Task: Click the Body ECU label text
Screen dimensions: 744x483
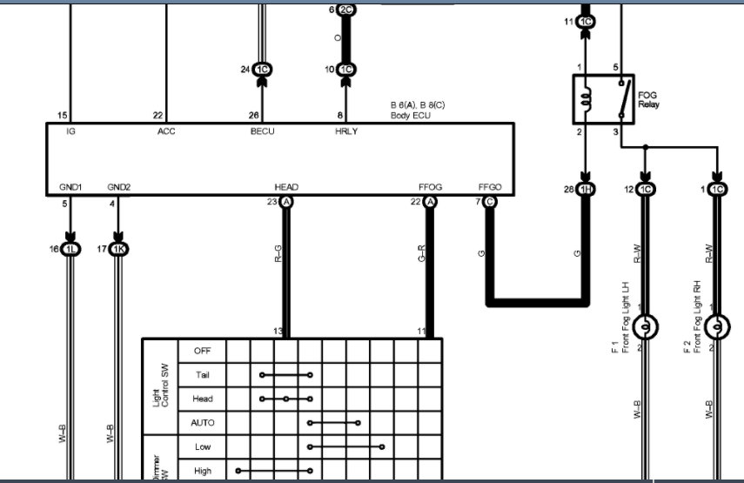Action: (411, 115)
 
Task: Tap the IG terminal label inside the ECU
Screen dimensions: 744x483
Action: (70, 131)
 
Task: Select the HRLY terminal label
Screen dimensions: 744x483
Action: (346, 131)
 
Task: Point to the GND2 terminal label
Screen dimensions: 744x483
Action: (118, 187)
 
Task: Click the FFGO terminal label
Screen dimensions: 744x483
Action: (490, 187)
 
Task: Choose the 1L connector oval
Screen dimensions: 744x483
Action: (70, 249)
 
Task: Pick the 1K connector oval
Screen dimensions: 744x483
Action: (118, 249)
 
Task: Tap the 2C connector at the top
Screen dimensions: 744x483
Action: (346, 10)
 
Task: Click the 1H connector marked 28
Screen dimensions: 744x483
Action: (586, 190)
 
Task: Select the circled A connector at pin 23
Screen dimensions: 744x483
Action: (285, 202)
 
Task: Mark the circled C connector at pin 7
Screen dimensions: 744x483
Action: (490, 202)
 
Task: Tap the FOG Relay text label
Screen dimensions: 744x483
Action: (648, 99)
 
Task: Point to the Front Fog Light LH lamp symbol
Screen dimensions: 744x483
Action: (646, 327)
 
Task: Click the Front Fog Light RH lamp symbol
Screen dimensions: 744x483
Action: (717, 327)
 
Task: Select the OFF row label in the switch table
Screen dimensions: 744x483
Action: (202, 351)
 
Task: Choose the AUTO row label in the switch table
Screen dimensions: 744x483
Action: (202, 422)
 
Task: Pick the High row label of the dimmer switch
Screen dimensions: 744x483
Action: (202, 471)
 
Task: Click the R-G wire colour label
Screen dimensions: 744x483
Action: (278, 253)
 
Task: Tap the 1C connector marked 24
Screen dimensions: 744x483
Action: (262, 70)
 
